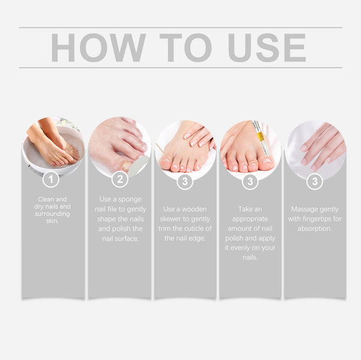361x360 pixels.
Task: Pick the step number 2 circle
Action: [x=120, y=179]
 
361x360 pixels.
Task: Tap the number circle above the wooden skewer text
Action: [x=185, y=180]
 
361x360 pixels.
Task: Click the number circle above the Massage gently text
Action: [x=315, y=180]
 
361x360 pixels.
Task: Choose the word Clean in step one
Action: [x=48, y=198]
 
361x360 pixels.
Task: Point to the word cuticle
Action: [x=194, y=228]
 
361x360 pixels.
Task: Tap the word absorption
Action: [x=315, y=228]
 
